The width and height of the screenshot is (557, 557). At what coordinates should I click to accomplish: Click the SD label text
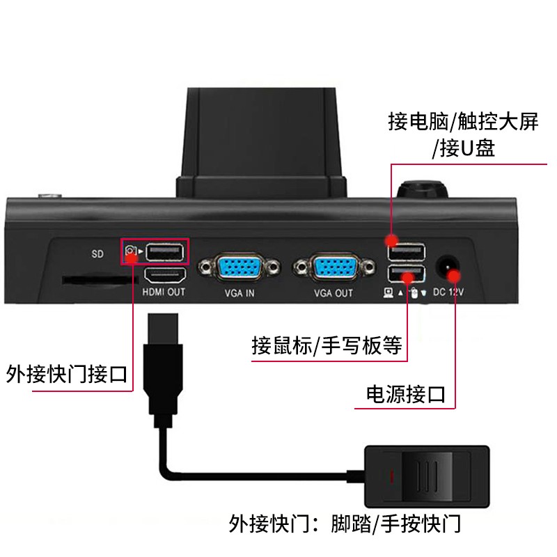coord(97,254)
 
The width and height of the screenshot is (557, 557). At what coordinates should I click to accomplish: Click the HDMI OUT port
coord(164,276)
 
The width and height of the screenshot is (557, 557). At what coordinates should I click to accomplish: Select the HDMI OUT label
coord(164,292)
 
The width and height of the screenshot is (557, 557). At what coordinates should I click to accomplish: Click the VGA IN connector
coord(239,267)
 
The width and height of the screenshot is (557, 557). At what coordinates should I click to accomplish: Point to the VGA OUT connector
coord(334,267)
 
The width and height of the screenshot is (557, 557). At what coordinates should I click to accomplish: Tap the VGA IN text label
coord(240,293)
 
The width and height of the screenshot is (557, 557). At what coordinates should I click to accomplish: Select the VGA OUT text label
coord(334,293)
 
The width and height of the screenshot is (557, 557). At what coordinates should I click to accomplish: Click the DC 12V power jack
coord(446,267)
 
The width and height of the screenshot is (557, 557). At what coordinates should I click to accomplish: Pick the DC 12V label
coord(448,292)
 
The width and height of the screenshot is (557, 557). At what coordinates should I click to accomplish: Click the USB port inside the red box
coord(165,252)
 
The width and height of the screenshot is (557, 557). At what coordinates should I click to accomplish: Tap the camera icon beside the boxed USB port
coord(131,251)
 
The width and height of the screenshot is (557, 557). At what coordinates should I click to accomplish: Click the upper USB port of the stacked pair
coord(407,252)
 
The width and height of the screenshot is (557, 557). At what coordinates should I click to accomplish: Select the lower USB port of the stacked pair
coord(407,274)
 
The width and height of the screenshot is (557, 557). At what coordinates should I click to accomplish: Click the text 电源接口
coord(406,394)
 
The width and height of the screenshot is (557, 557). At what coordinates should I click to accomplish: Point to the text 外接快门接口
coord(66,374)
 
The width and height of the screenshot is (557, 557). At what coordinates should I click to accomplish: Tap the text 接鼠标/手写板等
coord(327,345)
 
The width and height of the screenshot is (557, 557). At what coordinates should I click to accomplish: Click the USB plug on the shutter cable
coord(163,370)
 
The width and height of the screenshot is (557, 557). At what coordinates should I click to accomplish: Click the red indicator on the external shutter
coord(392,477)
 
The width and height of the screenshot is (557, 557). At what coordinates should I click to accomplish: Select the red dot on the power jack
coord(454,276)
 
